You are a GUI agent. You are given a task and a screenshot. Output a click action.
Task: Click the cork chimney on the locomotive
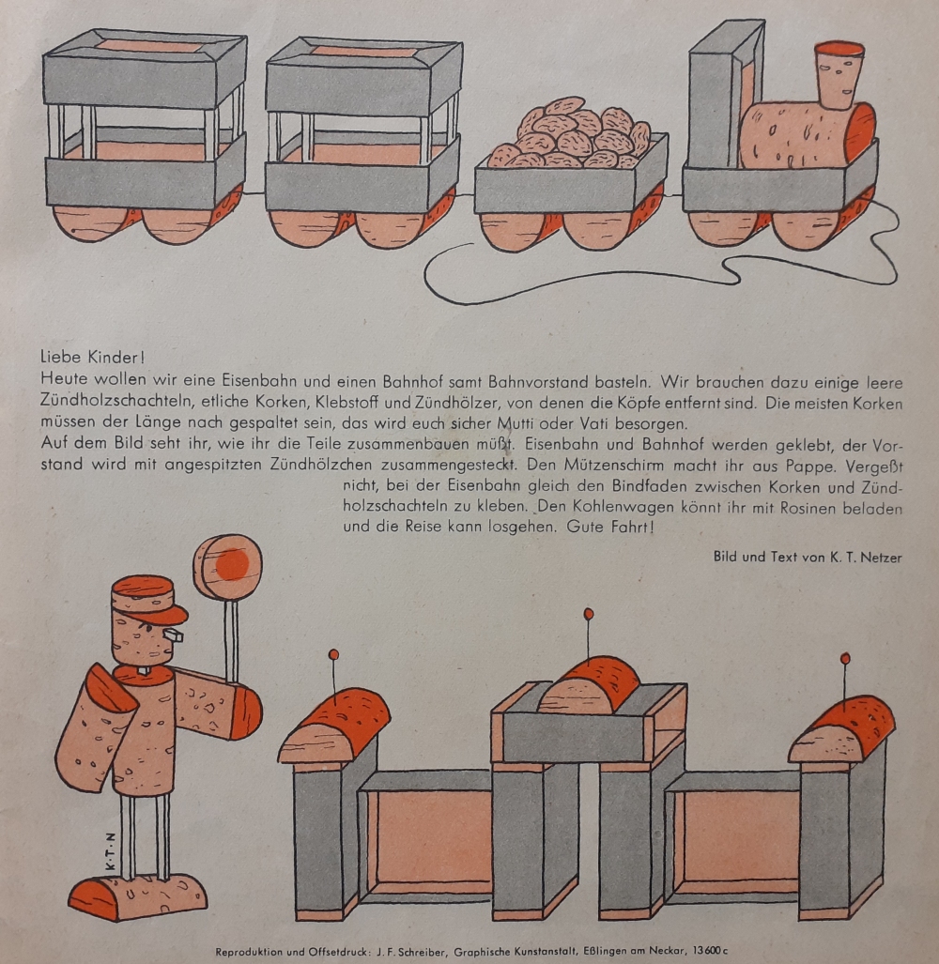(x=839, y=75)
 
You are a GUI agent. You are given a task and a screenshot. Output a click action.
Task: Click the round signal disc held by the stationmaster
(x=227, y=567)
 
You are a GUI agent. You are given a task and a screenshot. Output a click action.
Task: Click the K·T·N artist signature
(x=111, y=850)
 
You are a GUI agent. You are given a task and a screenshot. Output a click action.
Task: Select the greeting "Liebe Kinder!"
(x=92, y=357)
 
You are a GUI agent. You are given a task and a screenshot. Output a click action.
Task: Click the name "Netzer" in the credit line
(x=881, y=557)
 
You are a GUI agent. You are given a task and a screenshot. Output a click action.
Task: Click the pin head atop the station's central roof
(x=589, y=614)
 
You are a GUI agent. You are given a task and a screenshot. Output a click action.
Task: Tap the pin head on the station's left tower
(x=334, y=654)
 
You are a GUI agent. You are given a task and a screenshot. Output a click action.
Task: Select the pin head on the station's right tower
(x=845, y=658)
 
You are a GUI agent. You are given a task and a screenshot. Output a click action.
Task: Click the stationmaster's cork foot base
(x=138, y=896)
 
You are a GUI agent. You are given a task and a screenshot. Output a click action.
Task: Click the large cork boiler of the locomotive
(x=807, y=134)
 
